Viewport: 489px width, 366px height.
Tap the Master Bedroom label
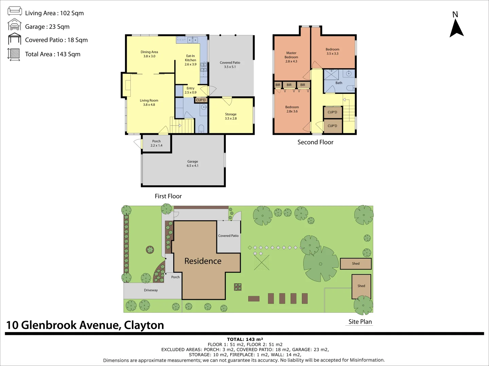[x=291, y=57]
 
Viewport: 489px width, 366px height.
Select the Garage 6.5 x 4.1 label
[x=193, y=164]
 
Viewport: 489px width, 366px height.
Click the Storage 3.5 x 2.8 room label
[x=231, y=116]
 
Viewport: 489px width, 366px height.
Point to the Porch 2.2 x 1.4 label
[x=157, y=143]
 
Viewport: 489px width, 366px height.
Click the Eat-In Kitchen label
[x=191, y=60]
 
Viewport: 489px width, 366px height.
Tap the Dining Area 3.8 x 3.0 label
[x=149, y=54]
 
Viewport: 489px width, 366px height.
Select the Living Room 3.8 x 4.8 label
[x=149, y=103]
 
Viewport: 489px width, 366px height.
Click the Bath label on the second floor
[x=339, y=83]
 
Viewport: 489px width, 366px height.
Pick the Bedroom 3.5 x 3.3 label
[x=332, y=52]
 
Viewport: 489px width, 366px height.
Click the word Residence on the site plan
[x=203, y=261]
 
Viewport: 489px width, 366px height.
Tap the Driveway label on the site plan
[x=151, y=290]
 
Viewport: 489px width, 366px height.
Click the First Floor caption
[x=168, y=196]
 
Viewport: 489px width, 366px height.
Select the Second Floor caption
[x=315, y=142]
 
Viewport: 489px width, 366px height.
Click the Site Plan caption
[x=360, y=322]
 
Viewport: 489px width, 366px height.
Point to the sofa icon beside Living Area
[x=15, y=11]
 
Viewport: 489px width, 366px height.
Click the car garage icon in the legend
[x=15, y=25]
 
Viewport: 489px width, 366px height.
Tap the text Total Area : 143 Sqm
[x=53, y=54]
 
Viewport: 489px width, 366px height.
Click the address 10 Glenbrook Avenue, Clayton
[x=85, y=325]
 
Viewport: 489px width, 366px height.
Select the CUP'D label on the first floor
[x=201, y=100]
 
